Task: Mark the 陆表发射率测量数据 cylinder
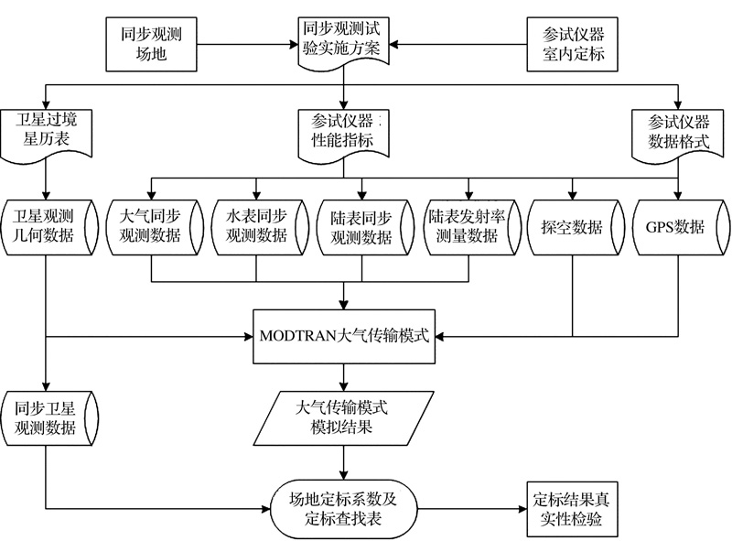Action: pos(468,227)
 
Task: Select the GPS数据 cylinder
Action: pos(678,227)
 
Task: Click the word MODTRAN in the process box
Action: pos(306,333)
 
